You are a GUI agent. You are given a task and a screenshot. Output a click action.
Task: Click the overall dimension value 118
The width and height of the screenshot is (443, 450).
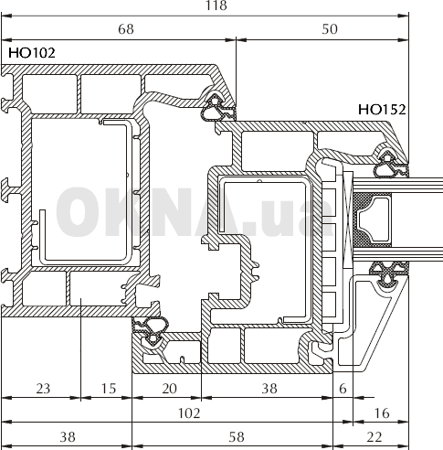pos(216,5)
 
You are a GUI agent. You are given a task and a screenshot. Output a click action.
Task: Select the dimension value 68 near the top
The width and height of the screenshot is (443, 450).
pos(126,29)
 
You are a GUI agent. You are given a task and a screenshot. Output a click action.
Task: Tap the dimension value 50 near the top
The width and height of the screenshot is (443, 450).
pos(330,29)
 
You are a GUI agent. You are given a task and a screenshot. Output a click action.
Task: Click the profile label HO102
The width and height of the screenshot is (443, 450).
pos(32,53)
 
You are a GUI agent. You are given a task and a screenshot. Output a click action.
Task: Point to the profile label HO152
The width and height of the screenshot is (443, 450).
pos(382,110)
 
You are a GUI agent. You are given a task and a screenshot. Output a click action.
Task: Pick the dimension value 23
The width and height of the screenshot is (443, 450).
pos(43,389)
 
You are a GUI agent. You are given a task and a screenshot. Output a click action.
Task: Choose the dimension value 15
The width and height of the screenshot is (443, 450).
pos(109,389)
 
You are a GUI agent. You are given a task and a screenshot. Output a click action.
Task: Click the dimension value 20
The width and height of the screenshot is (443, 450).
pos(169,389)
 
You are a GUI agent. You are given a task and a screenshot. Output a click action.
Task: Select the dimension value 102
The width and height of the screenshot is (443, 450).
pos(189,413)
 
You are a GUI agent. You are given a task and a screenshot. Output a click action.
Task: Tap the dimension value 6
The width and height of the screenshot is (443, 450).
pos(343,389)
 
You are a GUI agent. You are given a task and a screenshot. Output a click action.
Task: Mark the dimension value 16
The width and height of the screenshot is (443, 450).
pos(382,413)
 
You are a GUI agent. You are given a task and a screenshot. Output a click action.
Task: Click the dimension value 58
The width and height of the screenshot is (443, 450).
pos(237,437)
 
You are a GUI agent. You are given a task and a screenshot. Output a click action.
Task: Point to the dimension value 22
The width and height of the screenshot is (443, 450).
pos(374,437)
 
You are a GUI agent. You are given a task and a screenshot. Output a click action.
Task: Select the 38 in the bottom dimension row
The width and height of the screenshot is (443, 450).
pos(68,437)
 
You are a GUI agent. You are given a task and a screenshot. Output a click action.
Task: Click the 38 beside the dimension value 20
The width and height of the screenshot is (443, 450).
pos(269,389)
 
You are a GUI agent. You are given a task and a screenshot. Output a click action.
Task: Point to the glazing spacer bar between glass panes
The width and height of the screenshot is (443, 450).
pos(372,220)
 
